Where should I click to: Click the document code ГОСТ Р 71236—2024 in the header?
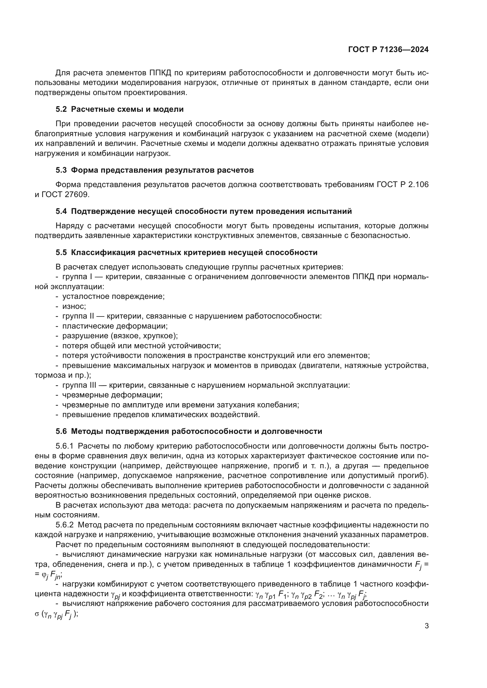[x=388, y=50]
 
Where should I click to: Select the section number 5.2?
[x=61, y=109]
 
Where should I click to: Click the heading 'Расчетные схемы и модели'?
[x=127, y=109]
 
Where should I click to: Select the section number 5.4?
[x=61, y=211]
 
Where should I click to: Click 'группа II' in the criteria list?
[x=79, y=316]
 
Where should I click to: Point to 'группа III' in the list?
[x=79, y=385]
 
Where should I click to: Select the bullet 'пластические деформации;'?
[x=115, y=326]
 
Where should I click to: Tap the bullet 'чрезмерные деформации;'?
[x=112, y=395]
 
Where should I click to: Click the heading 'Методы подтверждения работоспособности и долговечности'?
[x=196, y=432]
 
